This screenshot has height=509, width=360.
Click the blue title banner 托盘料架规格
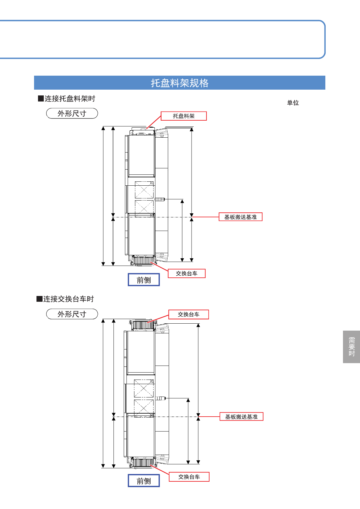pos(179,83)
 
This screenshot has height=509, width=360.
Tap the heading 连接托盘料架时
pos(67,98)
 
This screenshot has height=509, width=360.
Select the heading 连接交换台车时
pos(65,299)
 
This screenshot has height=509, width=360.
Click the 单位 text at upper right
pos(293,103)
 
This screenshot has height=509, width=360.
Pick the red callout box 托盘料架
pos(184,116)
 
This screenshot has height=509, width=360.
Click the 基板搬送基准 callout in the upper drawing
pos(241,217)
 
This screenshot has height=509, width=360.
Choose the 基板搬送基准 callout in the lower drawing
pos(241,417)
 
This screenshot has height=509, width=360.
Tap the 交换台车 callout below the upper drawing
pos(187,273)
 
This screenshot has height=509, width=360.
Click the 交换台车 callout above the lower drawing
pos(189,315)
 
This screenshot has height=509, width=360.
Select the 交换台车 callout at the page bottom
pos(189,477)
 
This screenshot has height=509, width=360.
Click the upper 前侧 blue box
pos(144,280)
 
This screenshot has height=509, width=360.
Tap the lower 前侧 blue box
pos(144,481)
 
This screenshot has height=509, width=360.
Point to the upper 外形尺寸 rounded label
pos(72,113)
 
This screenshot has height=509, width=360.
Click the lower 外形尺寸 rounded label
pos(72,314)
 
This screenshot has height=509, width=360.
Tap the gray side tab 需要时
pos(351,347)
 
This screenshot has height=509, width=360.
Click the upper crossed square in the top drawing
pos(144,190)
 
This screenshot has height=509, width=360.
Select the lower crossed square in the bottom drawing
pos(144,408)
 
